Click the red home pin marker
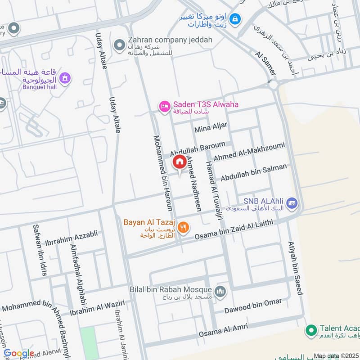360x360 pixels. [x=179, y=162]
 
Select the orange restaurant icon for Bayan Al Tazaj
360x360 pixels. [x=183, y=228]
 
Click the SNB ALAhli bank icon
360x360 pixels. [x=292, y=204]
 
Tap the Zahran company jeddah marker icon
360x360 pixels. [x=119, y=45]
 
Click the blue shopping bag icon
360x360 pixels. [x=235, y=19]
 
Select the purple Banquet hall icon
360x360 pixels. [x=66, y=79]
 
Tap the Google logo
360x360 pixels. [x=19, y=354]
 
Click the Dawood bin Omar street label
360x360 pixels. [x=253, y=306]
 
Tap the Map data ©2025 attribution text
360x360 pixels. [x=336, y=356]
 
